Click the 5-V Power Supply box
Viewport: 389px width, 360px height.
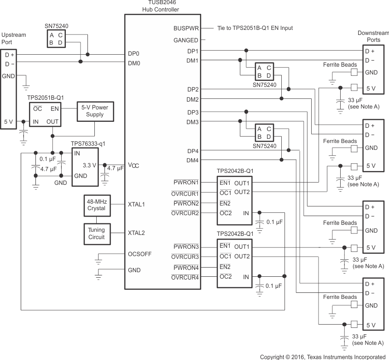pos(95,111)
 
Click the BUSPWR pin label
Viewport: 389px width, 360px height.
pos(186,28)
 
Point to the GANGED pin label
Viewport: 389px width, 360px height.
pos(186,40)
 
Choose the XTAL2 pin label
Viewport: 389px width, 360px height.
pos(136,233)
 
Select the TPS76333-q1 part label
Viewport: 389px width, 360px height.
pos(88,143)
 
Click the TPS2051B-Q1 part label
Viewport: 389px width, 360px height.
pos(46,98)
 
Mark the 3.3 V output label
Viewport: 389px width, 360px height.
pos(89,165)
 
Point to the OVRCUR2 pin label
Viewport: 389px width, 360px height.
pos(185,213)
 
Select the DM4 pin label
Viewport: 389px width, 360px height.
pos(192,160)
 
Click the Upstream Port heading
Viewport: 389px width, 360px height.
pos(14,38)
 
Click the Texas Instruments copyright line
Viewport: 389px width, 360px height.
pos(322,356)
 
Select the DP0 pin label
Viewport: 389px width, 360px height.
pos(134,54)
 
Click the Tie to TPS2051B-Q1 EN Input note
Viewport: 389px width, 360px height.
pos(255,28)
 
